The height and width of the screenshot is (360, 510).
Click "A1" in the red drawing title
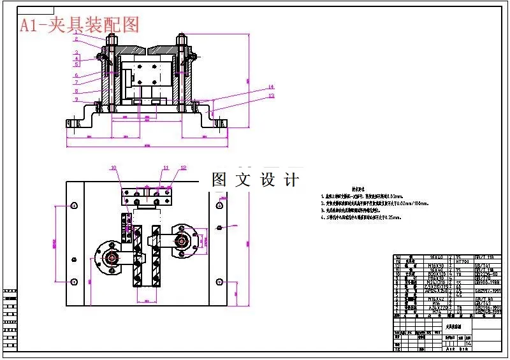click(29, 25)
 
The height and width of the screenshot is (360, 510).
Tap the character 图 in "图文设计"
click(219, 180)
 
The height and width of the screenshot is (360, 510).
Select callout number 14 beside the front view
click(270, 87)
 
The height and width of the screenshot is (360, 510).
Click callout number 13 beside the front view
click(270, 96)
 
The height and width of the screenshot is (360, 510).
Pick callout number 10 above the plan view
click(114, 168)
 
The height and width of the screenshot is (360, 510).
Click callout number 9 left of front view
click(75, 99)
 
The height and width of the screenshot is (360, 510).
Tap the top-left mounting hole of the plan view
click(75, 205)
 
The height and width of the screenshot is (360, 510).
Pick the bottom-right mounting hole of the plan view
click(220, 282)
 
